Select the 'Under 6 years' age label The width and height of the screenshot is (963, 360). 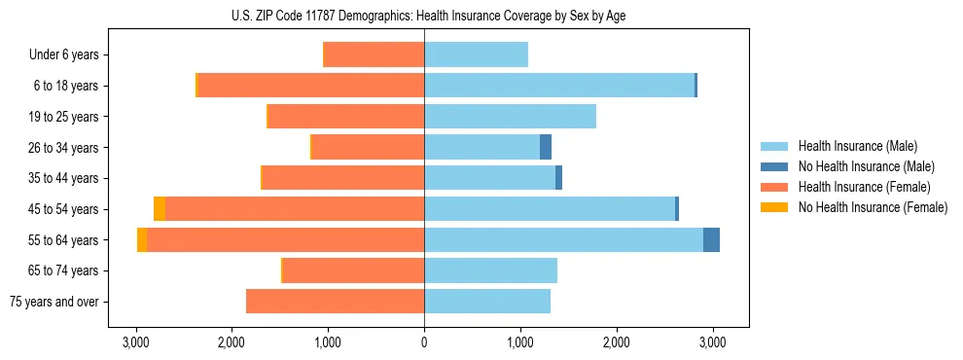click(63, 55)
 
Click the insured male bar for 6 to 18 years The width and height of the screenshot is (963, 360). click(559, 86)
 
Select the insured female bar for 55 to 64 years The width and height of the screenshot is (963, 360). click(285, 240)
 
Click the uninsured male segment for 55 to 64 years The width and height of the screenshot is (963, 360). click(711, 240)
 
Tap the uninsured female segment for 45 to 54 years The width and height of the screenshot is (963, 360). click(160, 209)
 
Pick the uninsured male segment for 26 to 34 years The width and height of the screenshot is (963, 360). click(546, 148)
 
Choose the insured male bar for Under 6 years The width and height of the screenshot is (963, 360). click(476, 55)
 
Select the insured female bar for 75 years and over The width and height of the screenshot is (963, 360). click(335, 302)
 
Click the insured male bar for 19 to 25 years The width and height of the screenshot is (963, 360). click(510, 117)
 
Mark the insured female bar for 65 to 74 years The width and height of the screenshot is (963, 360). click(353, 270)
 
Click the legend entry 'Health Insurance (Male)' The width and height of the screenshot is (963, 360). click(857, 146)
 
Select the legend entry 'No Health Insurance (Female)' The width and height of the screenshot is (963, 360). click(873, 207)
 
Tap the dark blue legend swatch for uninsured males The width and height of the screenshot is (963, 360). click(774, 166)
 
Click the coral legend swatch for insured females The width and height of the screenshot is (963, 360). click(774, 187)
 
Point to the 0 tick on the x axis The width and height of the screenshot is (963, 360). click(424, 342)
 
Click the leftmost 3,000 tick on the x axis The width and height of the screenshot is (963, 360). click(135, 342)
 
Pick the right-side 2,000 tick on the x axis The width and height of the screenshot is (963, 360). click(617, 342)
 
